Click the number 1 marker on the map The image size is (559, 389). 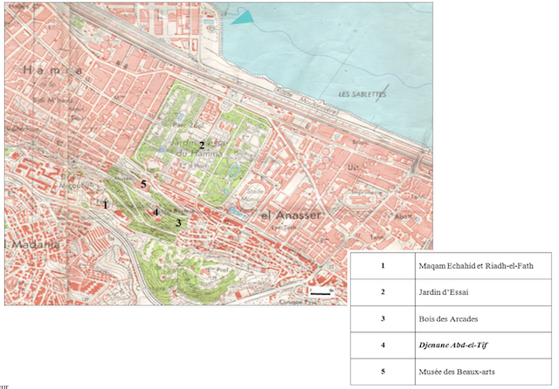[x=106, y=205]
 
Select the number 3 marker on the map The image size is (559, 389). [x=178, y=223]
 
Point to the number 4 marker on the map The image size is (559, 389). [x=156, y=212]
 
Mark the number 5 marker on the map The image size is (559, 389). [x=144, y=184]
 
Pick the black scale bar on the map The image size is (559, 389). [x=321, y=293]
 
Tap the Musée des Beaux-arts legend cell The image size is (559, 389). [x=457, y=372]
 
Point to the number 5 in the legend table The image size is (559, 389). [x=382, y=372]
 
